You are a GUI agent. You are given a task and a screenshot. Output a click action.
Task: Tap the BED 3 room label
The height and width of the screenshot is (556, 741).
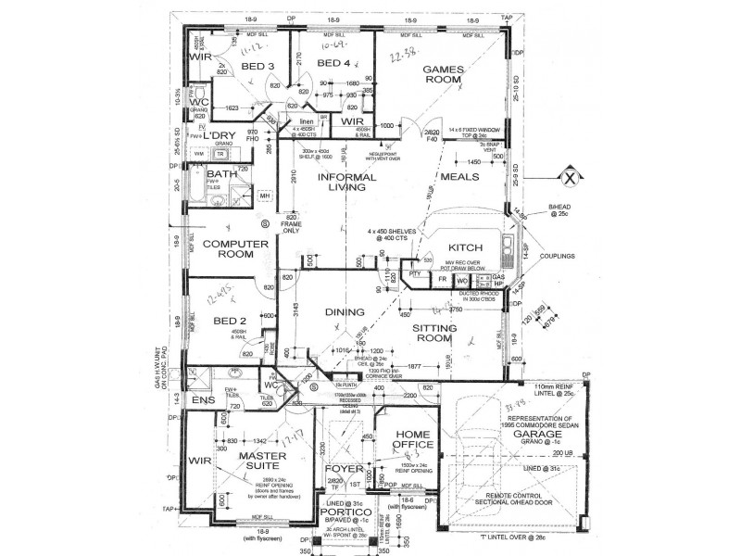[x=257, y=67]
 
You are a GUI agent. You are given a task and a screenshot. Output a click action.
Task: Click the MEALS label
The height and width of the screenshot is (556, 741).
[x=460, y=177]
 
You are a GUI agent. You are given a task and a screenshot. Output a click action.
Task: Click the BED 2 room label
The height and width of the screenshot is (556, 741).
[x=228, y=322]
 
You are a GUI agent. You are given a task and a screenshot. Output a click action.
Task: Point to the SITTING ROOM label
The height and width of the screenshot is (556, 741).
[x=433, y=334]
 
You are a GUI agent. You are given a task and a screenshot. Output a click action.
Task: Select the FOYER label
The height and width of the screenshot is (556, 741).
[x=343, y=468]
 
